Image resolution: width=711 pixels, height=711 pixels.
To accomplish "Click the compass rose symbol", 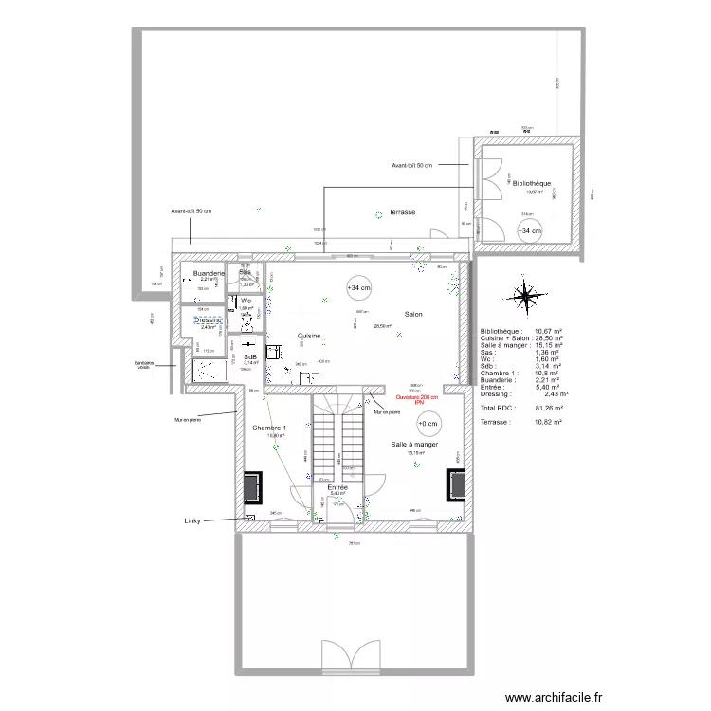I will pos(524,295).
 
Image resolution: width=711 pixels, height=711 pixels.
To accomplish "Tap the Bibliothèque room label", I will pos(532,183).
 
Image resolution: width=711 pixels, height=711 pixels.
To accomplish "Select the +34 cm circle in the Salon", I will pos(359,287).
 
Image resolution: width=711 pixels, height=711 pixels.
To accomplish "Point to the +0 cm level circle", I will pos(428,424).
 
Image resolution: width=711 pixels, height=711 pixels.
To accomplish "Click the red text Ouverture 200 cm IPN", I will pos(417,400).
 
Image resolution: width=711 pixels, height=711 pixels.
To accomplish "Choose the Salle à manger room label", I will pos(414,444).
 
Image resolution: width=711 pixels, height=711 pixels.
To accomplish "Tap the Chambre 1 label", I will pos(268,428).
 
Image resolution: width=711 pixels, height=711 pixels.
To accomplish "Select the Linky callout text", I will pos(194,521).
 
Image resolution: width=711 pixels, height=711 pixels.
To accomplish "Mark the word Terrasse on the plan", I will pos(402,212).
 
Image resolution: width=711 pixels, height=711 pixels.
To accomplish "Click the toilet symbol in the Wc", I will pos(246,319).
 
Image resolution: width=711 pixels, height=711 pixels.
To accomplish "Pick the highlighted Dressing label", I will pos(208,320).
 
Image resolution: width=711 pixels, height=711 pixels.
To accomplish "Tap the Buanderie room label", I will pos(209,273).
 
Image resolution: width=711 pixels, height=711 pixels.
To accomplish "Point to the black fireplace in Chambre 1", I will pos(253,487).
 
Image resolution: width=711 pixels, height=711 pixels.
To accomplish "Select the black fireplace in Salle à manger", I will pos(454,486).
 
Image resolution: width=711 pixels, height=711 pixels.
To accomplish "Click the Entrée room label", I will pos(337,487).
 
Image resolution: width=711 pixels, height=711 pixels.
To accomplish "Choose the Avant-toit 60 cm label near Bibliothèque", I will pos(411,166).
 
